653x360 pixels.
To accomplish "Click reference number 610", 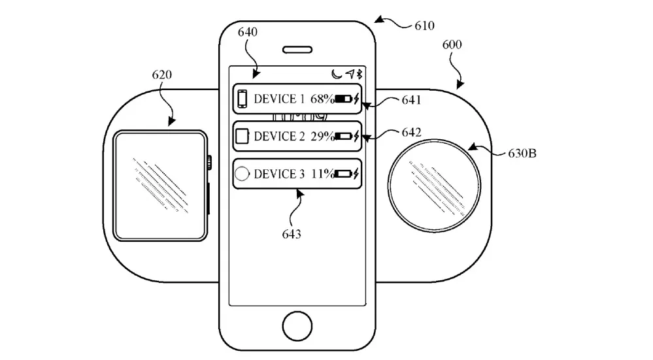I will click(424, 26).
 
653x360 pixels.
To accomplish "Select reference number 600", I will click(451, 44).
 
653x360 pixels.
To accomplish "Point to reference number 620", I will click(161, 74).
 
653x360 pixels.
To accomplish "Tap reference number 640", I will click(248, 31).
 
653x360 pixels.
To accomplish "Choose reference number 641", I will click(412, 100).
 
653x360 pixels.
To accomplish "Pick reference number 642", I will click(412, 133).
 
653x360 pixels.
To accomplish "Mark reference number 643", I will click(292, 233).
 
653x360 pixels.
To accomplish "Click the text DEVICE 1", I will click(279, 99).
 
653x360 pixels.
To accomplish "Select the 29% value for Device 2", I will click(322, 137).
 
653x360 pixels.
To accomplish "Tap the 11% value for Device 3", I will click(322, 174).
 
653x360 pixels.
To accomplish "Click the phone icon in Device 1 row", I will click(242, 99).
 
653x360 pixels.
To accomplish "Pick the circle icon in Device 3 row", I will click(242, 174).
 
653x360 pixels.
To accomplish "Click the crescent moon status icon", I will click(336, 74).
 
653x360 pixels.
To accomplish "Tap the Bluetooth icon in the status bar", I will click(359, 74).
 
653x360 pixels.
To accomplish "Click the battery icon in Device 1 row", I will click(343, 99).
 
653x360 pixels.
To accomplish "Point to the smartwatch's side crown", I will click(209, 161).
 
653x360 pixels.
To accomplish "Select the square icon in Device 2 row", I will click(242, 137).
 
